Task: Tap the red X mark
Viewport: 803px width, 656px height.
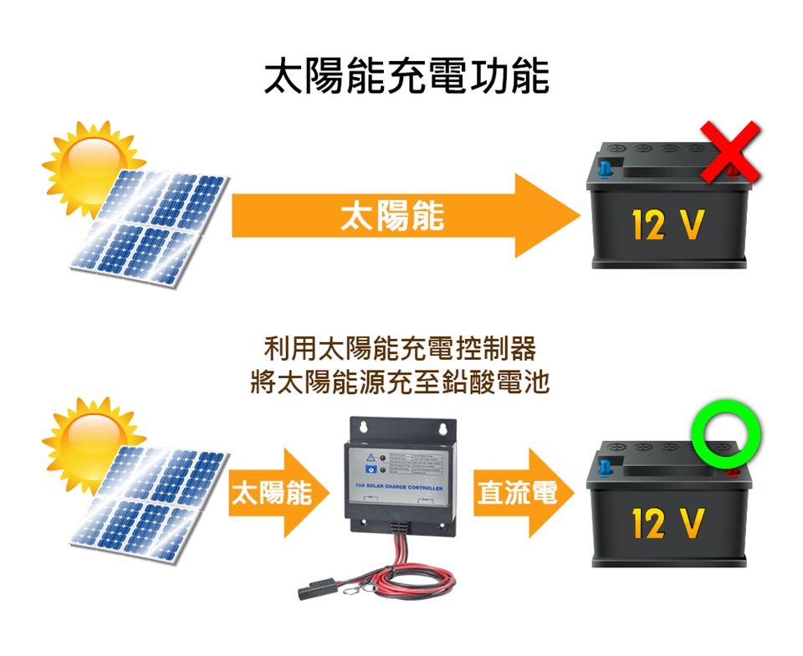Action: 730,151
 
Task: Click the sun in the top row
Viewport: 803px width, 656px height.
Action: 91,163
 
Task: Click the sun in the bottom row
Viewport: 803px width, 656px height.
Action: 91,438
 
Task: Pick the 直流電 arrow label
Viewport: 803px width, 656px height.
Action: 516,493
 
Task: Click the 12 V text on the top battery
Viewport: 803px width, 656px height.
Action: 667,224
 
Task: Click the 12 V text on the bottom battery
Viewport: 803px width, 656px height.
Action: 667,523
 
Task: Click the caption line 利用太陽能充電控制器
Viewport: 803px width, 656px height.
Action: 400,347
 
